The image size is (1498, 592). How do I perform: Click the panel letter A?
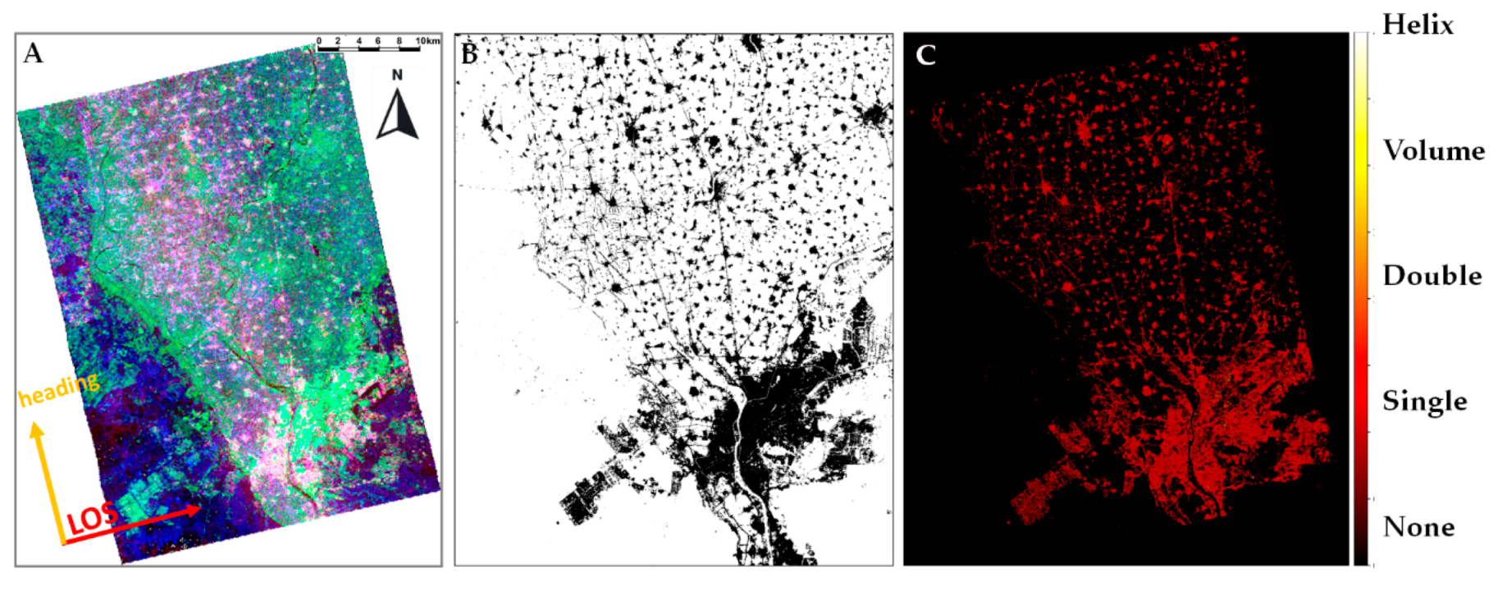(x=33, y=53)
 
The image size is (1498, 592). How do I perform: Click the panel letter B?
(x=469, y=54)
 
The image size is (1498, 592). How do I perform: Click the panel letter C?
(x=925, y=55)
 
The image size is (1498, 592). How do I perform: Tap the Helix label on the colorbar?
(x=1418, y=25)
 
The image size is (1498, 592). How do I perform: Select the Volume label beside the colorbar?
(x=1433, y=150)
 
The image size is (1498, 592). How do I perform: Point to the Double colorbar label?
(x=1432, y=276)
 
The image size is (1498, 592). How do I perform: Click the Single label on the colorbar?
(x=1424, y=402)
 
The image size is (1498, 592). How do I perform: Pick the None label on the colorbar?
(x=1418, y=526)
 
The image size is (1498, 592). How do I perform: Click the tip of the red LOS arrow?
(x=201, y=509)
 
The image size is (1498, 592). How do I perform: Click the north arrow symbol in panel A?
(x=398, y=114)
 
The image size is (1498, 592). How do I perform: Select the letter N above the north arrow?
(x=397, y=76)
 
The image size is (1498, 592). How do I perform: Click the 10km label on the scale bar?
(x=427, y=40)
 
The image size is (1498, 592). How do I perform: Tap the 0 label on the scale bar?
(x=319, y=40)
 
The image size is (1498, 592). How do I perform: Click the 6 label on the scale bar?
(x=378, y=40)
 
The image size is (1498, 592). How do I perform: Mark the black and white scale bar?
(x=369, y=49)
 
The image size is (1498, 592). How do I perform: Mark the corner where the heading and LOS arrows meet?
(x=63, y=543)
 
